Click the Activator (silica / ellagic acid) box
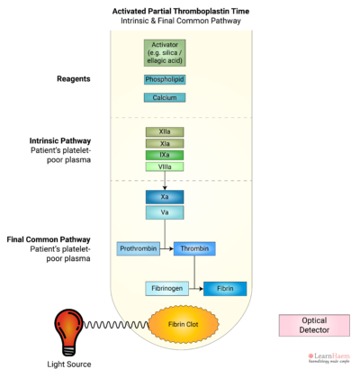[x=164, y=53]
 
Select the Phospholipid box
[x=164, y=79]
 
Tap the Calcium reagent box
[x=164, y=97]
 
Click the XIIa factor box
[x=164, y=131]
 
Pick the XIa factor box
[x=164, y=143]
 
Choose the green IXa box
[x=164, y=155]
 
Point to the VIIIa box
[x=164, y=166]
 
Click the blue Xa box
[x=164, y=196]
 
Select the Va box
[x=164, y=213]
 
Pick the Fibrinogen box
[x=166, y=289]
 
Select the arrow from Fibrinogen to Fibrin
[x=195, y=289]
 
